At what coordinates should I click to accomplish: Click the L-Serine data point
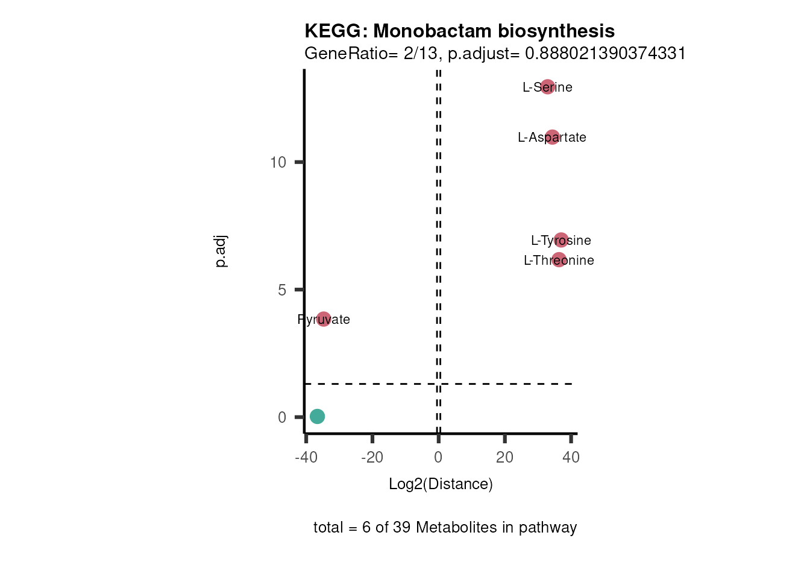[x=547, y=87]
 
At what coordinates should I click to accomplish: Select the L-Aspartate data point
[x=552, y=138]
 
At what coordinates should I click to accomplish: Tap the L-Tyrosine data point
[x=561, y=240]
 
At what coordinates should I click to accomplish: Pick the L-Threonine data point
[x=559, y=260]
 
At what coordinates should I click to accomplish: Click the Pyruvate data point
[x=324, y=319]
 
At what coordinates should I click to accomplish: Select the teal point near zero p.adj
[x=317, y=416]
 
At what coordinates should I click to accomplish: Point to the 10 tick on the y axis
[x=278, y=162]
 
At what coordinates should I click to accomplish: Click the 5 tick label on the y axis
[x=282, y=290]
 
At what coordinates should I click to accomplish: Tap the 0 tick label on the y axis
[x=282, y=417]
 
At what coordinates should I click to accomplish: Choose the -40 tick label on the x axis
[x=306, y=457]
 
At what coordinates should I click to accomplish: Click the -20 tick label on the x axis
[x=372, y=457]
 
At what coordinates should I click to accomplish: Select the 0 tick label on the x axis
[x=438, y=457]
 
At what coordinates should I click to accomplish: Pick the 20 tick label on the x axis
[x=505, y=457]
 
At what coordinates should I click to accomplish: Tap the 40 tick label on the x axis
[x=571, y=457]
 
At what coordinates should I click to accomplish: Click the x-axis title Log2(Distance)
[x=441, y=484]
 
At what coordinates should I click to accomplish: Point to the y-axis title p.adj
[x=221, y=252]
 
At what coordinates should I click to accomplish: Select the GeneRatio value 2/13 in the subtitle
[x=420, y=54]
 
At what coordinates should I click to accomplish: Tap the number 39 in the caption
[x=402, y=528]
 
